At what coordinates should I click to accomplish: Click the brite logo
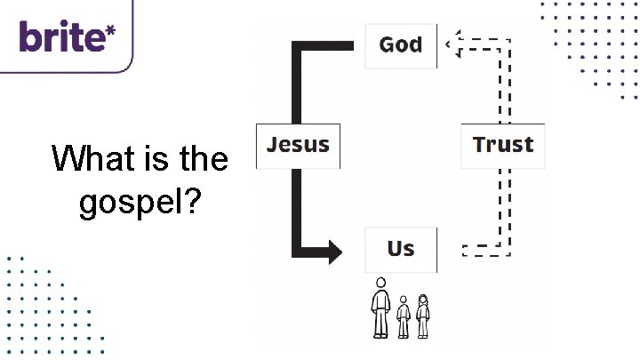pos(67,36)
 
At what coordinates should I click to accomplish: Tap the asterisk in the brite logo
pos(110,29)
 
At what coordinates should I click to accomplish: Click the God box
pos(401,44)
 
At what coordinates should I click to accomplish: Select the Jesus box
pos(298,144)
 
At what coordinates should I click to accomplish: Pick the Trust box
pos(502,144)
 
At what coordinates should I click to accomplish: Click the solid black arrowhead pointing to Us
pos(332,252)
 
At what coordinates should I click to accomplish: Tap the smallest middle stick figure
pos(404,316)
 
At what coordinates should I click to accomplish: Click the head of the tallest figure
pos(380,284)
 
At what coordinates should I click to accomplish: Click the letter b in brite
pos(30,37)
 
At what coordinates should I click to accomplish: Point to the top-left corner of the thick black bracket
pos(299,46)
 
